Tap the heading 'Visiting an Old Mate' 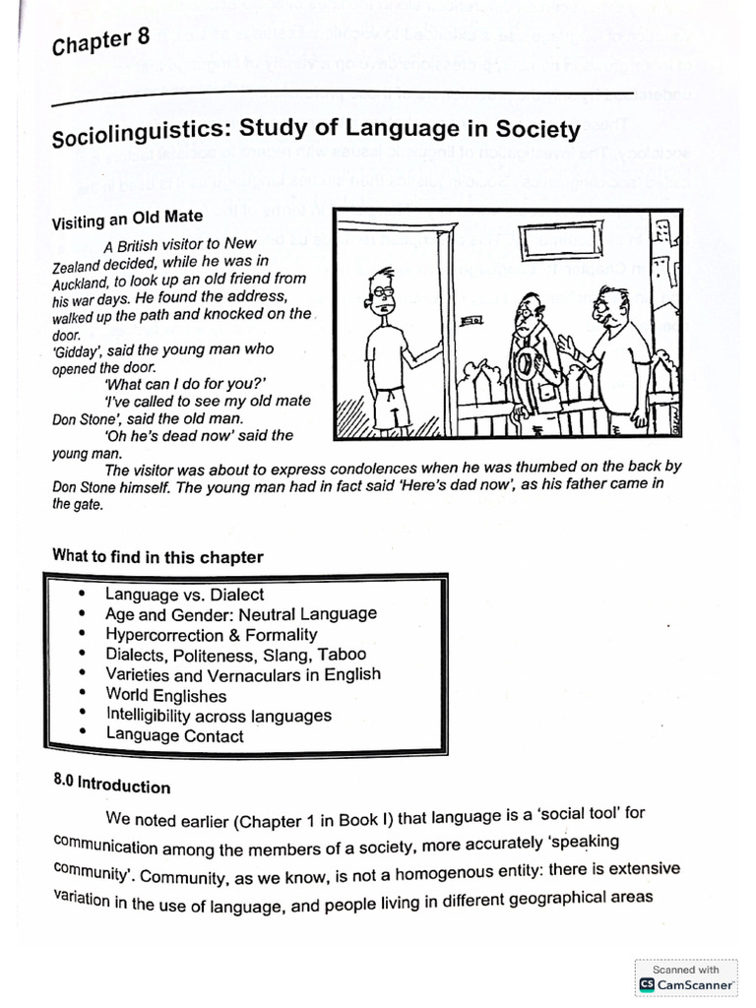point(128,219)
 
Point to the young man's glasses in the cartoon point(384,290)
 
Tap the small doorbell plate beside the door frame point(472,320)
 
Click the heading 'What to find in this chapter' point(157,556)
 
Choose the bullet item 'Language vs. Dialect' point(184,595)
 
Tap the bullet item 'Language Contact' point(174,735)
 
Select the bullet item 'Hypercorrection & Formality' point(211,635)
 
